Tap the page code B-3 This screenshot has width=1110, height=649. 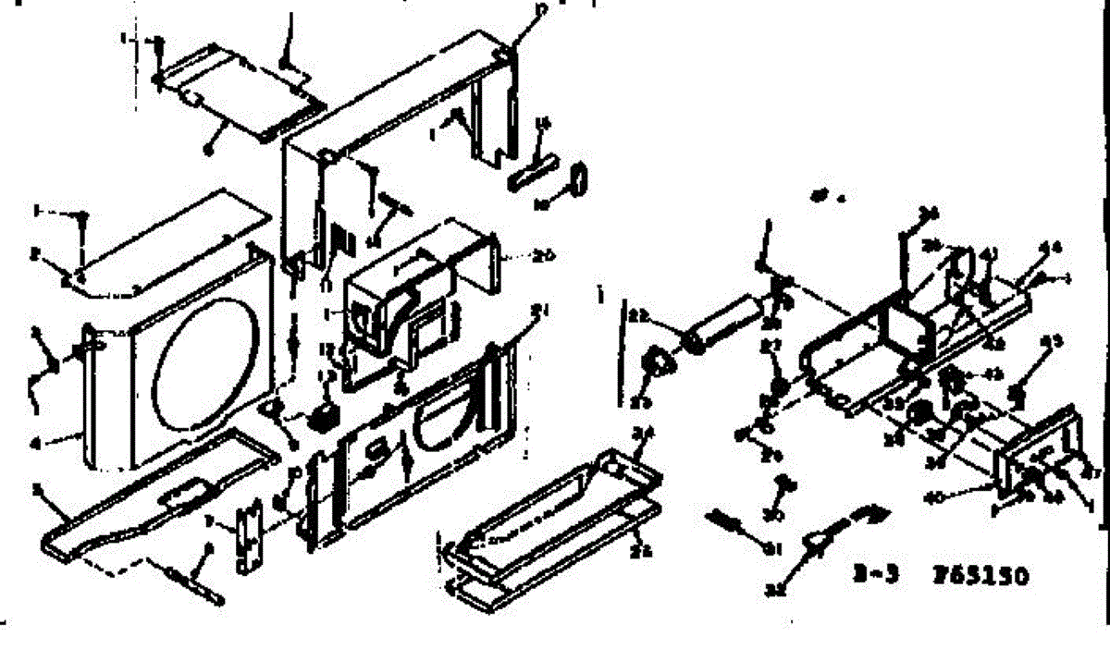pyautogui.click(x=873, y=577)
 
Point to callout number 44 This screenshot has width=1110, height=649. pyautogui.click(x=1051, y=247)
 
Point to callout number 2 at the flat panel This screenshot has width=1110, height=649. pyautogui.click(x=33, y=254)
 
